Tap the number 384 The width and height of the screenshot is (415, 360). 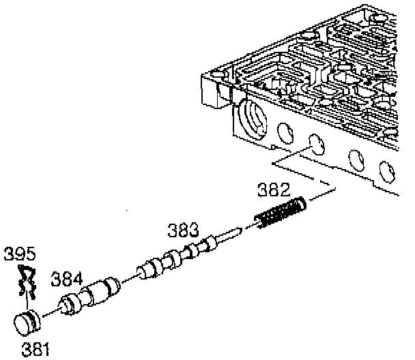click(x=66, y=279)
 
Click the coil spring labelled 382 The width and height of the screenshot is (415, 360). click(x=280, y=212)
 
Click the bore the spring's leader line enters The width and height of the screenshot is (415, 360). click(x=315, y=145)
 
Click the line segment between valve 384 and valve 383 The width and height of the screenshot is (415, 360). click(x=129, y=279)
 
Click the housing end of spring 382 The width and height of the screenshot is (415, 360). click(x=301, y=202)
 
